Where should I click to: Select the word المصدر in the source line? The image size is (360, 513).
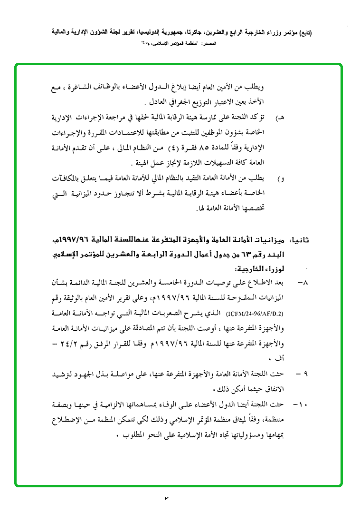point(210,44)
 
